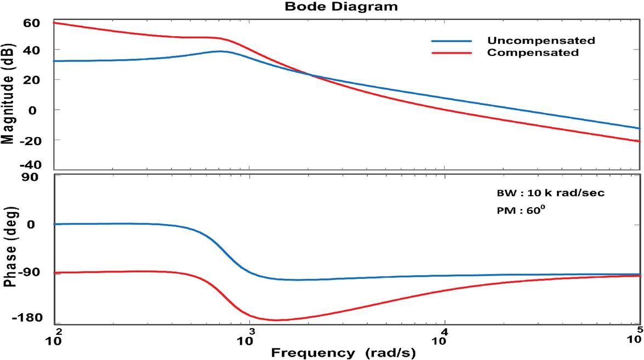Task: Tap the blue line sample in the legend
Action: pos(451,41)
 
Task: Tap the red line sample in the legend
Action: pos(451,53)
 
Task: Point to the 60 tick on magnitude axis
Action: pos(32,23)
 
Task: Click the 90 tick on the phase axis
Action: pos(32,178)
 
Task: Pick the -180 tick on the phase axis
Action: pos(27,318)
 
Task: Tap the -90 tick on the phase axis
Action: pos(30,272)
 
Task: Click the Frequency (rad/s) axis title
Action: pos(343,352)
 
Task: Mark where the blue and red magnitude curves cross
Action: pos(311,75)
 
